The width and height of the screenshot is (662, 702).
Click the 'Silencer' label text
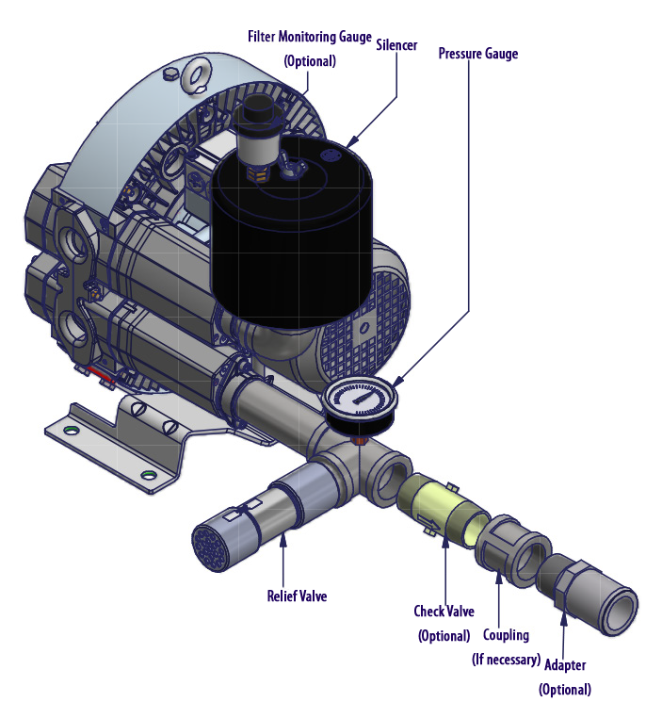tap(397, 44)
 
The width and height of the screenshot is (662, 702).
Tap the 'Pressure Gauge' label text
tap(477, 54)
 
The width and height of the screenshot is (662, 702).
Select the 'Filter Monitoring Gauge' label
tap(309, 37)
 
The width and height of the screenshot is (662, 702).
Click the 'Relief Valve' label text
tap(297, 596)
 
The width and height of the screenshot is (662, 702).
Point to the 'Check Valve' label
tap(443, 612)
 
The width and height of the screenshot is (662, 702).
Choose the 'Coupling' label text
tap(506, 635)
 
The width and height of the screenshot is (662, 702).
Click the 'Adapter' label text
tap(564, 665)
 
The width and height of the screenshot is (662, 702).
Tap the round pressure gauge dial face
tap(359, 400)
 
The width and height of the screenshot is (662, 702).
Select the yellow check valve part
tap(436, 510)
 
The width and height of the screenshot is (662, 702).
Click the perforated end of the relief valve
tap(211, 543)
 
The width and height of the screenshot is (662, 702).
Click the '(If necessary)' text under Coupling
tap(506, 659)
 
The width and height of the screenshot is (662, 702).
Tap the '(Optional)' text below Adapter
tap(564, 689)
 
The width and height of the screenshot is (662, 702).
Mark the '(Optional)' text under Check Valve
tap(443, 635)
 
